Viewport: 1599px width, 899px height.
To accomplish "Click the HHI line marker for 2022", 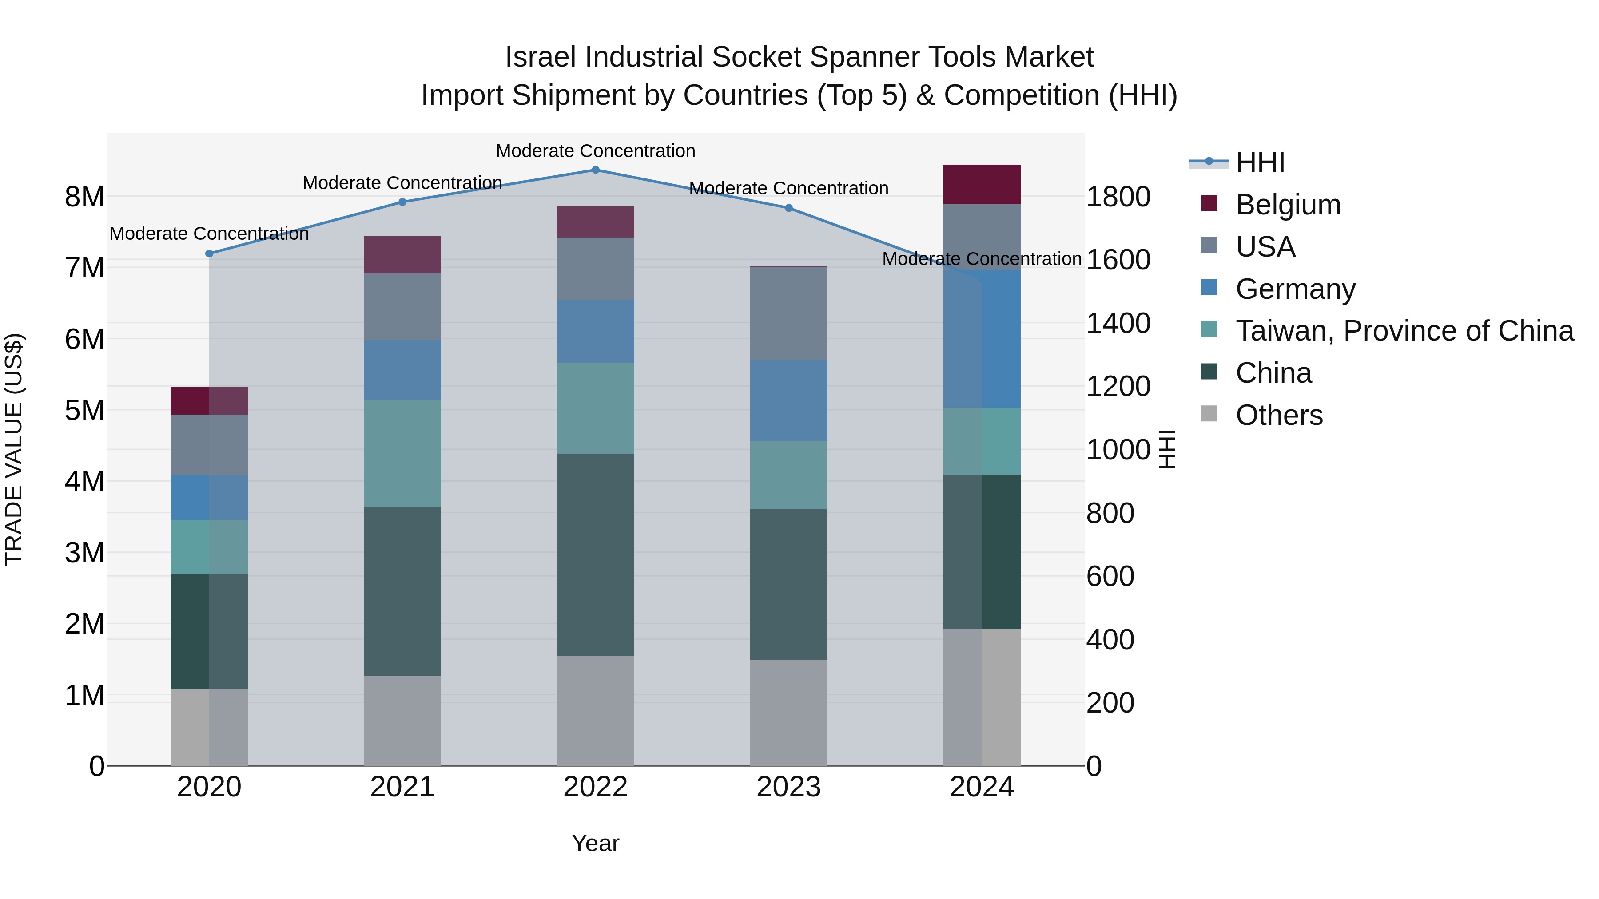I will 595,170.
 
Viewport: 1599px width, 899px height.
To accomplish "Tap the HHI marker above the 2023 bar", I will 788,208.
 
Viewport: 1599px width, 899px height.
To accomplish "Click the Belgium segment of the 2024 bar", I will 981,184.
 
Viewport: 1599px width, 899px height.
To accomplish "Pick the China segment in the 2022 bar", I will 595,554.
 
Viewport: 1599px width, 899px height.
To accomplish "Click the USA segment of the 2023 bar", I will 788,313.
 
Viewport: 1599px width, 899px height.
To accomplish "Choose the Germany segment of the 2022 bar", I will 595,331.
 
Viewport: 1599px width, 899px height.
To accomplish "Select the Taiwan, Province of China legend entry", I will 1404,331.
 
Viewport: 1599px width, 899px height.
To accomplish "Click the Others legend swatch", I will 1209,413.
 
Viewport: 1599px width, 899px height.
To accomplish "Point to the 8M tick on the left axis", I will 84,197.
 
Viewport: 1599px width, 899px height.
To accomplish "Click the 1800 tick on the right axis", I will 1118,197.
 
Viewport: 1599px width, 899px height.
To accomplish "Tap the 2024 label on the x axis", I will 981,787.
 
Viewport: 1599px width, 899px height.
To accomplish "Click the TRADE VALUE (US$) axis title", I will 14,449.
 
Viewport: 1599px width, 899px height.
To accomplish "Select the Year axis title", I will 595,843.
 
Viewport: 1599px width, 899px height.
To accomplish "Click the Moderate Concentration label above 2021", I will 402,183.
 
